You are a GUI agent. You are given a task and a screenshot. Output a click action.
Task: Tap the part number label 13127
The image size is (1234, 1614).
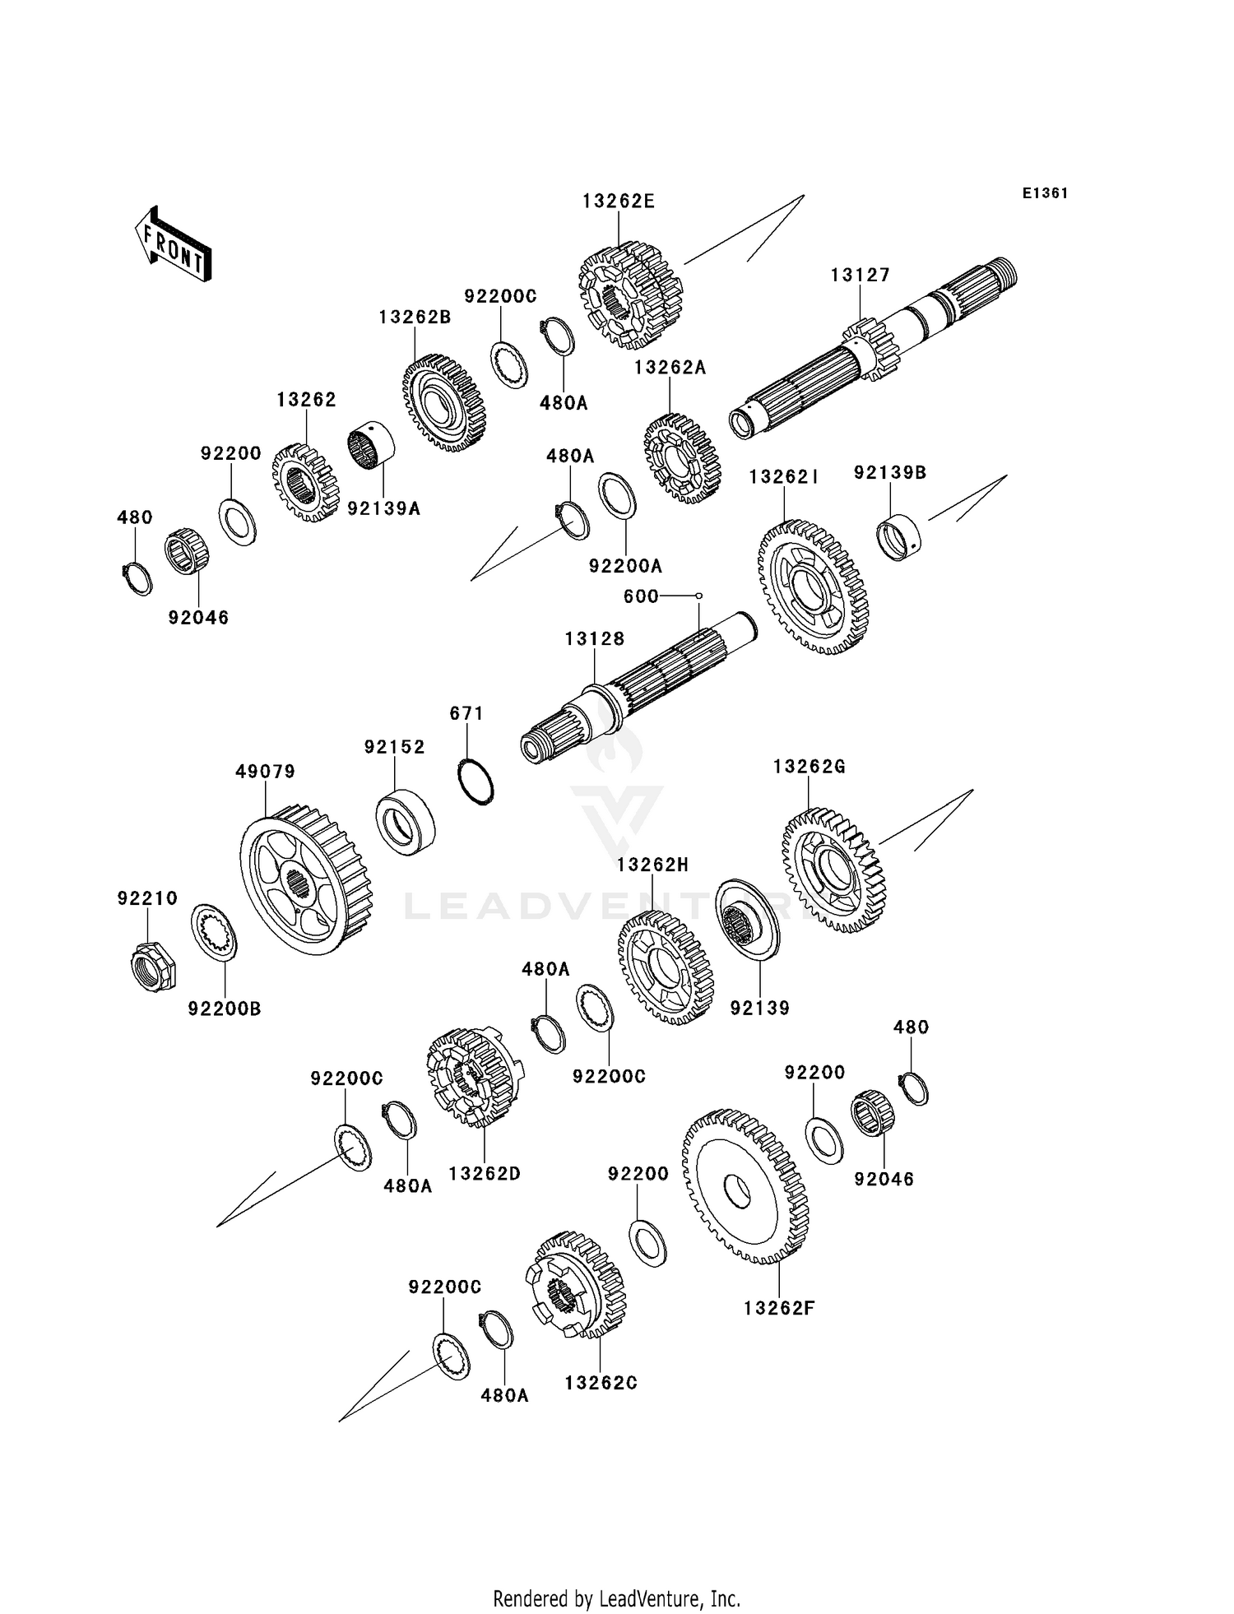coord(860,276)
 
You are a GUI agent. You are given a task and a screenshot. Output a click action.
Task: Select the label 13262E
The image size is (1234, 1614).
coord(619,202)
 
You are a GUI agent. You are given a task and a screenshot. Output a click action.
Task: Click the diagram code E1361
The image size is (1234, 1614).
coord(1045,193)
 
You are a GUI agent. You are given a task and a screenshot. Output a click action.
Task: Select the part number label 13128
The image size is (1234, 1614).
coord(594,639)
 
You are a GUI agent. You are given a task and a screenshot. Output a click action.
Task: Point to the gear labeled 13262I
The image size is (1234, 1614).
coord(812,587)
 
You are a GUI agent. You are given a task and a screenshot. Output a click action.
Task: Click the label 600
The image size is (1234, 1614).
coord(641,596)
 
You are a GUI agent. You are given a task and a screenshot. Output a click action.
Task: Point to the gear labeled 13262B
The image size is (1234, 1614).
coord(444,403)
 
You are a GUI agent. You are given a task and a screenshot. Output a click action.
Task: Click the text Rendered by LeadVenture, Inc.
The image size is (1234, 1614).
coord(616,1599)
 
